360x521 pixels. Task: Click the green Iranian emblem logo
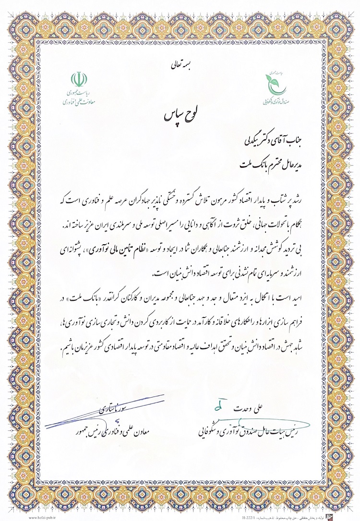click(x=78, y=79)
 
